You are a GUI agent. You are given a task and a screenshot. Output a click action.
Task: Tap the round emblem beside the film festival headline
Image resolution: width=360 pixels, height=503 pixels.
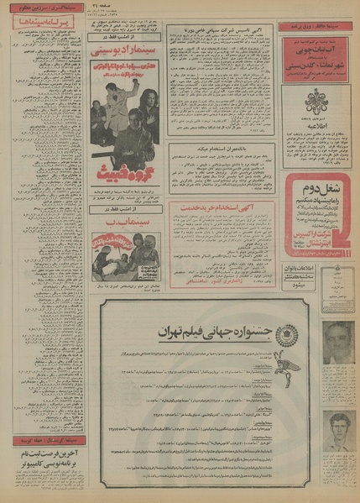286,333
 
